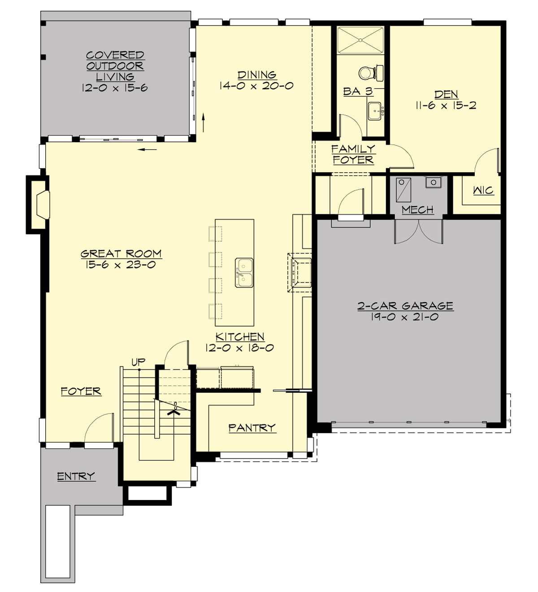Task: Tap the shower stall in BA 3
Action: click(x=360, y=41)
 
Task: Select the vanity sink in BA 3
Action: click(x=374, y=111)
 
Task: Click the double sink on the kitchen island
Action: click(x=244, y=273)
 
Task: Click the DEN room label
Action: click(x=446, y=94)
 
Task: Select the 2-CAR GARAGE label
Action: click(x=405, y=306)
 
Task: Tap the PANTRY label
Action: click(x=252, y=428)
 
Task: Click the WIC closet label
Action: click(x=483, y=191)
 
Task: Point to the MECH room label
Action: click(x=417, y=209)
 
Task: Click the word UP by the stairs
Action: click(x=138, y=361)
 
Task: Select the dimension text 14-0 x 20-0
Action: click(x=256, y=86)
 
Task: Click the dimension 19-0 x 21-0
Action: click(x=405, y=317)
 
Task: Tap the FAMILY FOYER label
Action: click(x=353, y=154)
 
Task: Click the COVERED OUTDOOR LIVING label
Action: click(x=115, y=66)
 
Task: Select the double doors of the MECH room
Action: click(x=418, y=232)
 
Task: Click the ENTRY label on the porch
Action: click(x=76, y=476)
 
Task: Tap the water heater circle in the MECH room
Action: click(x=434, y=182)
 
